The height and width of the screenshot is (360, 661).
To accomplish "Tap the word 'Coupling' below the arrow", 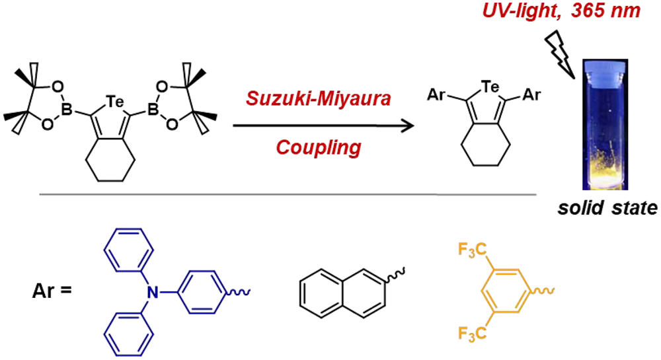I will pos(320,147).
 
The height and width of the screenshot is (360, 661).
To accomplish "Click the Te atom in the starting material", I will pos(112,100).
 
